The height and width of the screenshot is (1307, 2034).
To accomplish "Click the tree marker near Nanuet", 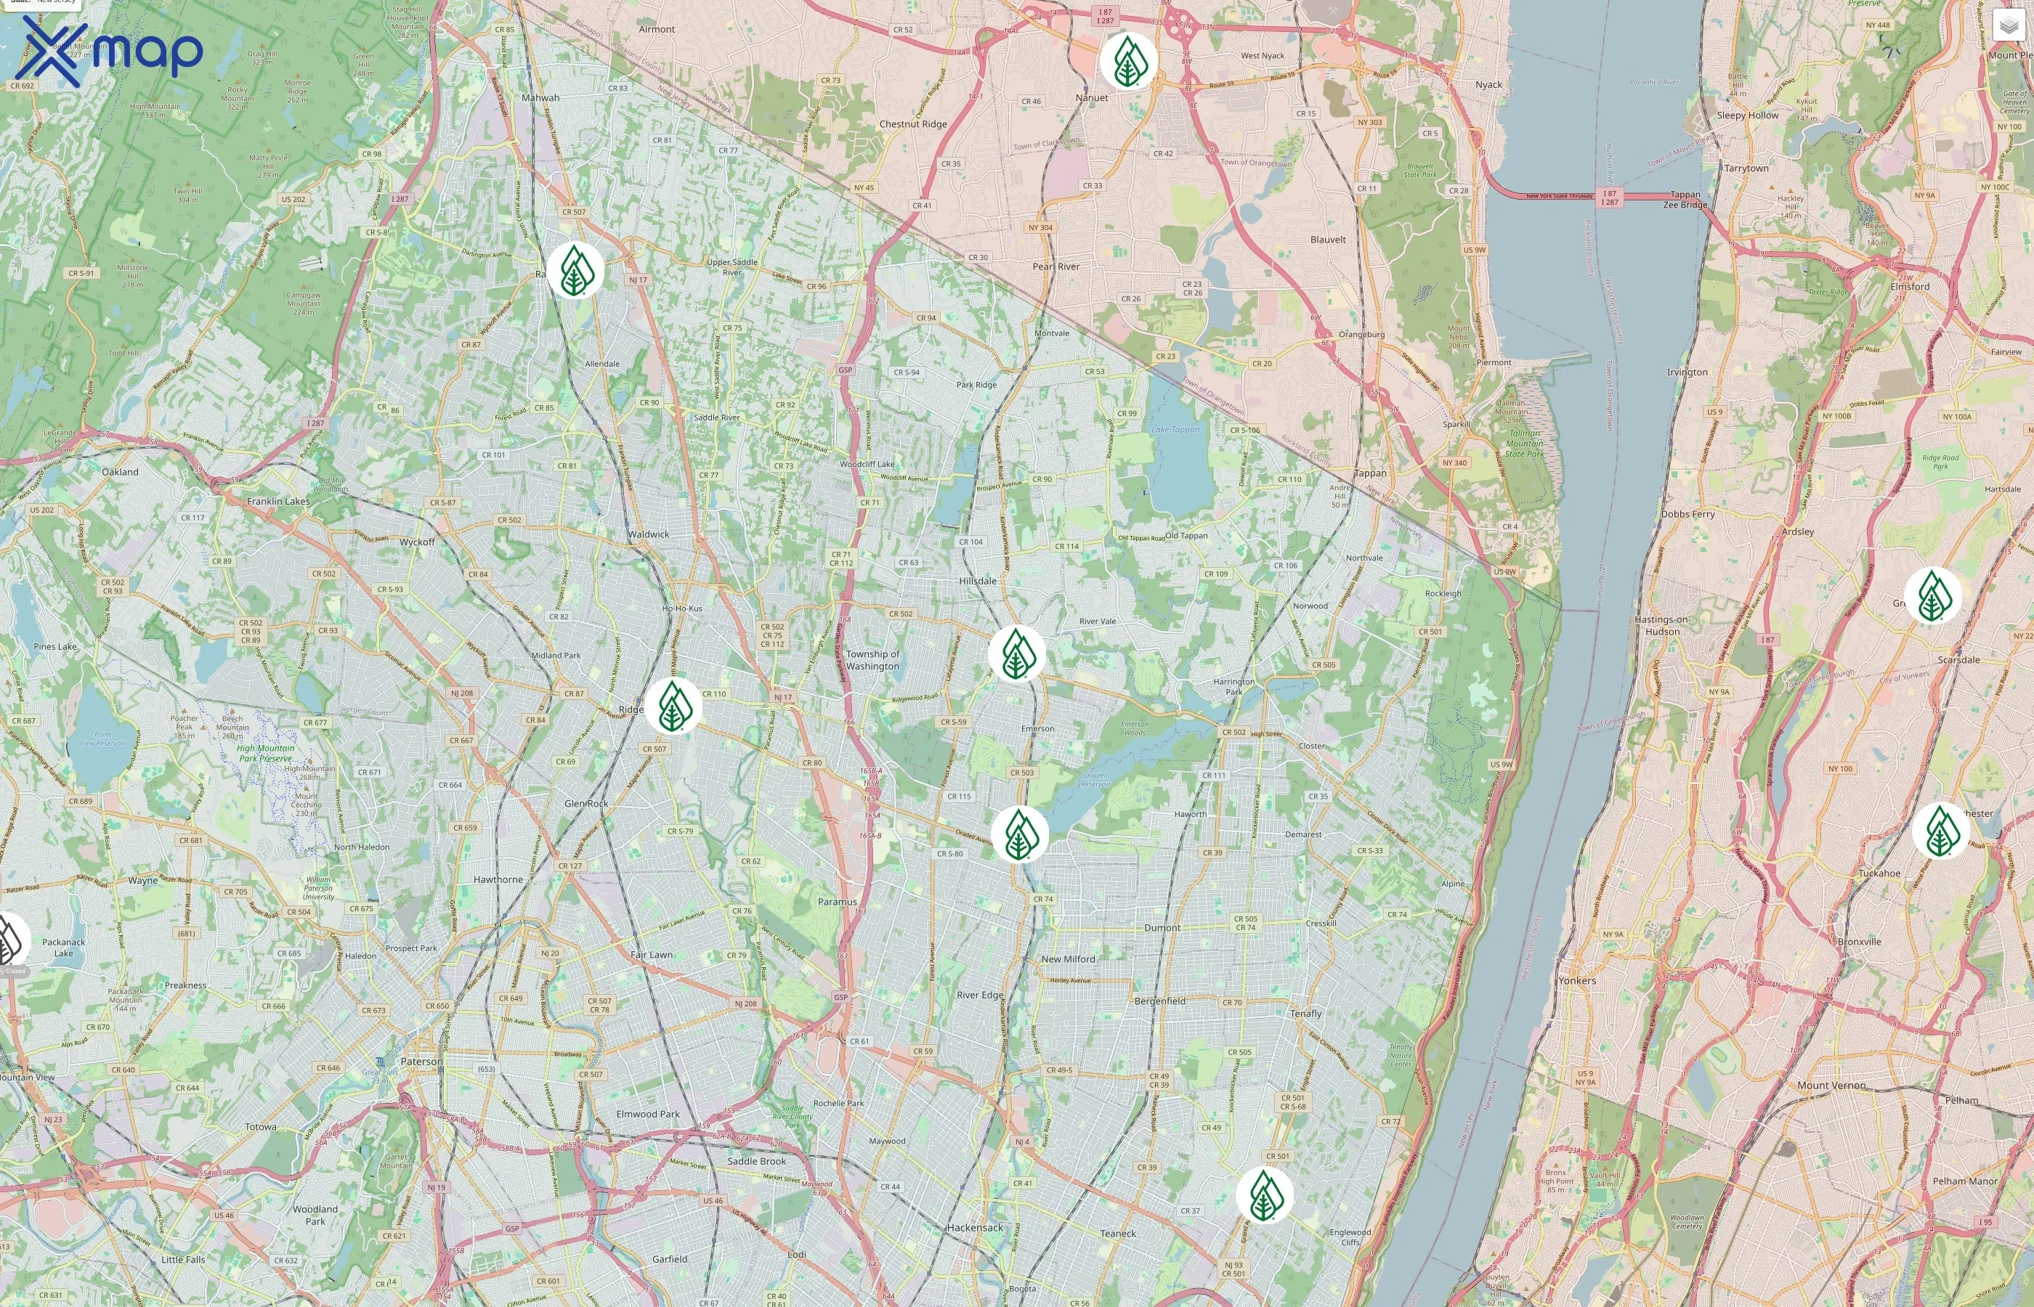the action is (1127, 61).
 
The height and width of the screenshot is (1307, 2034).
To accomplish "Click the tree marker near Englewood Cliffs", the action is (1264, 1195).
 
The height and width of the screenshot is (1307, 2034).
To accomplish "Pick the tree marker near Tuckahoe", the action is (1940, 830).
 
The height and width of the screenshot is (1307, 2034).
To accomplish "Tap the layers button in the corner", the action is (2008, 25).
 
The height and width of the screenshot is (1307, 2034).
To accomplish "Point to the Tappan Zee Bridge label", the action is (1685, 200).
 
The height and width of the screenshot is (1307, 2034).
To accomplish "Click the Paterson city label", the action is (421, 1062).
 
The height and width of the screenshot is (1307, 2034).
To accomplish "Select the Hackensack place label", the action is (975, 1227).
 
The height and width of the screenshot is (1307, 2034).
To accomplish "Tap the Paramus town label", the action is (837, 901).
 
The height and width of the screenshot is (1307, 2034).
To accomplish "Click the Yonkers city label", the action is (1576, 980).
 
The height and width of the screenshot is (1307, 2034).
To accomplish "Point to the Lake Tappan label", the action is (1176, 429).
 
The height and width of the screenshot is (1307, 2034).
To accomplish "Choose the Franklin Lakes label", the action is (278, 501).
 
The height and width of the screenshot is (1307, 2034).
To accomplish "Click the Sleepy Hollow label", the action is (1747, 115).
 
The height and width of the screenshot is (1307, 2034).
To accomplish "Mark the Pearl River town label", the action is (1056, 266).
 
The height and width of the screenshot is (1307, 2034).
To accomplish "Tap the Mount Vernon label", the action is (1831, 1085).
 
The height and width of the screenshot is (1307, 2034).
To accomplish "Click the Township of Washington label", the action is (872, 660).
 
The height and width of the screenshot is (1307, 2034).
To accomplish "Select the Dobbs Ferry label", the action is (1687, 514).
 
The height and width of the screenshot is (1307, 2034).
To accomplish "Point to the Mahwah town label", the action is (540, 97).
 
